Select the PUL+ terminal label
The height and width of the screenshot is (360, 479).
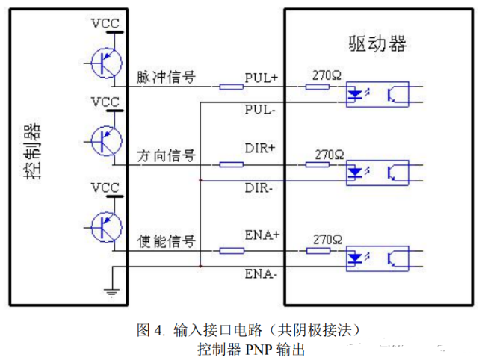(261, 78)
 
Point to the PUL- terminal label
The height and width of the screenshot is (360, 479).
(261, 109)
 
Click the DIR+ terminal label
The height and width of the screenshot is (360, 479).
(260, 148)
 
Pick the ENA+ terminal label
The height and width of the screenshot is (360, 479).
(262, 235)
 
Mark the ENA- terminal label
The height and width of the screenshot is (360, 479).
(262, 274)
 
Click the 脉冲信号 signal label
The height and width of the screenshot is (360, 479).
(166, 77)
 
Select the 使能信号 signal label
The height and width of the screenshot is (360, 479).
(166, 240)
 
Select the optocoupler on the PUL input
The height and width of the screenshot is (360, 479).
(377, 95)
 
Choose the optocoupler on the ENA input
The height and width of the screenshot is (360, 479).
(377, 258)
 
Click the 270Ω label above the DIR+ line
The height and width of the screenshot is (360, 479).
(329, 155)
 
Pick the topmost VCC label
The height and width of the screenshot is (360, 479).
(105, 23)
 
